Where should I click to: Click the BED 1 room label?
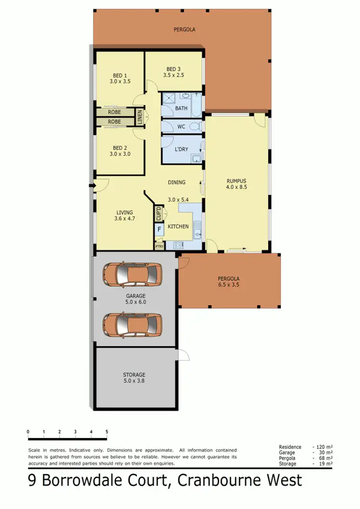coord(120,75)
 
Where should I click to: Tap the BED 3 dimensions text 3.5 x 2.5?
coord(173,75)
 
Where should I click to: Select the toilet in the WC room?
coord(194,127)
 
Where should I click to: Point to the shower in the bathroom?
coord(168,99)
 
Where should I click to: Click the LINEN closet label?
coord(140,118)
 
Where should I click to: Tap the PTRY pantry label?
coord(159,246)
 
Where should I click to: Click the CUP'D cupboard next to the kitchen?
coord(158,214)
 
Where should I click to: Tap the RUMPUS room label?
coord(236,182)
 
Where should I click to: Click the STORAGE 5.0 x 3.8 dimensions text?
coord(133,381)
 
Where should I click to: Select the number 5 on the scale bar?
coord(107,432)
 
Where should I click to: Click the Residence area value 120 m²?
coord(324,447)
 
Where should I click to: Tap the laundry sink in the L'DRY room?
coord(196,158)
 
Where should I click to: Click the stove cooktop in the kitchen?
coord(178,245)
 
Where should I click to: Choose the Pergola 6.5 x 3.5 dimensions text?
coord(228,284)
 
